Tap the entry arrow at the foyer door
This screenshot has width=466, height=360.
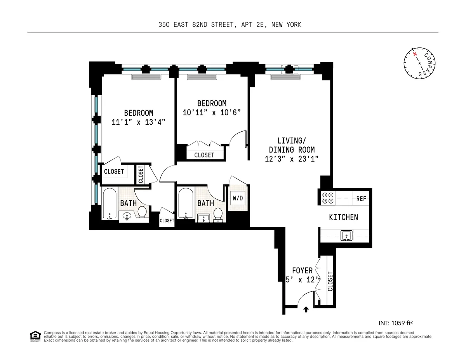[306, 309]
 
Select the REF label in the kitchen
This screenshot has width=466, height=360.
[361, 198]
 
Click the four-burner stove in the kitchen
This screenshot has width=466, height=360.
[325, 198]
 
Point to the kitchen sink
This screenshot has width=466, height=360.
[346, 235]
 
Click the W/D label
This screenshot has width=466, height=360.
[238, 198]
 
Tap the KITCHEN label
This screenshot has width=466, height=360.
[343, 217]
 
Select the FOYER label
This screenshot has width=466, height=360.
[302, 271]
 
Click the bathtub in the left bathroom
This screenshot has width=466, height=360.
[110, 204]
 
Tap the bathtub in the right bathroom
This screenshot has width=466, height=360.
[185, 204]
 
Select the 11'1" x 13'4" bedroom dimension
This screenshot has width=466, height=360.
[139, 122]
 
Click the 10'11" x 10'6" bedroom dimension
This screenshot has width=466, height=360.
[212, 112]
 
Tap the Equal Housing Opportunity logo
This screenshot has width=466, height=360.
[35, 336]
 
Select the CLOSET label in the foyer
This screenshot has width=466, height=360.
[330, 281]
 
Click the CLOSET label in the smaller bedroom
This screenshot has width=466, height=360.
[204, 155]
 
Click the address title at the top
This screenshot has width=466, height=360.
[230, 24]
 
